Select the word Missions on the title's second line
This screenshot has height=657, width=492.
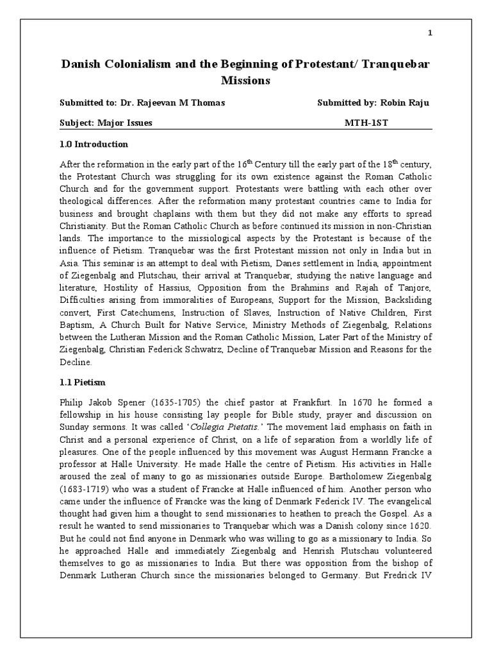pyautogui.click(x=246, y=81)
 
